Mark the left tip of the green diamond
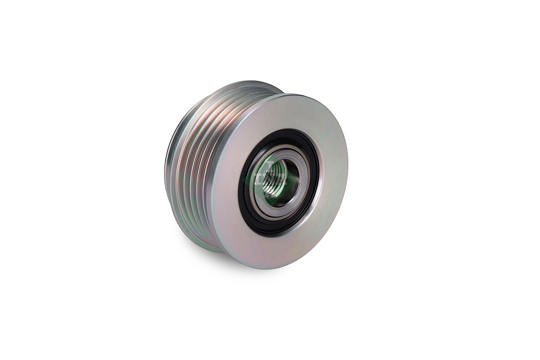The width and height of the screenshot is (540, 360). tap(244, 180)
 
